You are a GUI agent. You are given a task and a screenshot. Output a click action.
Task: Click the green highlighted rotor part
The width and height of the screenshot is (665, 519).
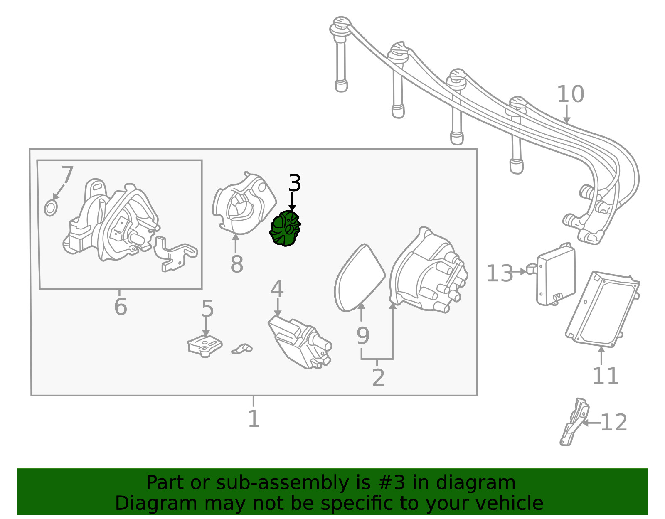pos(285,228)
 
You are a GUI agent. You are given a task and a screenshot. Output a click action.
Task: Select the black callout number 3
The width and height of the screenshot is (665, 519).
pos(294,183)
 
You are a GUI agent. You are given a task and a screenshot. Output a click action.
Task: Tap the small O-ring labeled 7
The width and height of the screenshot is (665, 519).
pos(51,208)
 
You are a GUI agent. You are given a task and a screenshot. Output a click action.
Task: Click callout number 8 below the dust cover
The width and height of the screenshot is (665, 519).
pos(236,264)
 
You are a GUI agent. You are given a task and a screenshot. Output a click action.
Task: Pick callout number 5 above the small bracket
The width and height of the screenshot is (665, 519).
pos(207,309)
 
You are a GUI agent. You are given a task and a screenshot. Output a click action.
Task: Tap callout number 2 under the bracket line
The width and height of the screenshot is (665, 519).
pos(378,377)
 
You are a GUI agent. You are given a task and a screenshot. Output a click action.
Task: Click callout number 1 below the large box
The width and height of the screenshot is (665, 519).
pos(254,418)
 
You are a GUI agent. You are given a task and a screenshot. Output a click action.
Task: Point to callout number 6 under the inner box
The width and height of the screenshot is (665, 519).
pos(121,307)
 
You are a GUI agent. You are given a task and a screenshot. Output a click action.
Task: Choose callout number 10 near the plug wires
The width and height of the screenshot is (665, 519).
pos(570,94)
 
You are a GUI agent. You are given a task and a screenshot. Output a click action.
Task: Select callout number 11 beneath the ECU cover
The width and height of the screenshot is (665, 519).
pos(605,376)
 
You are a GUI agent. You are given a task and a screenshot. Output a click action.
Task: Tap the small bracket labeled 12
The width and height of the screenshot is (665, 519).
pos(574,422)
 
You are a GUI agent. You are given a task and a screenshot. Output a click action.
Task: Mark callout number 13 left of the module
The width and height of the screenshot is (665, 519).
pos(500,273)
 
